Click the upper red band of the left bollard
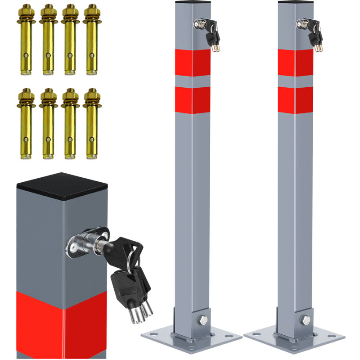pyautogui.click(x=193, y=63)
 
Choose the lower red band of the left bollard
pyautogui.click(x=193, y=99)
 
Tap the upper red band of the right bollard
pyautogui.click(x=295, y=63)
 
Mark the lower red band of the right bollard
pyautogui.click(x=295, y=99)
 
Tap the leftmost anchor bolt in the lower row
pyautogui.click(x=27, y=123)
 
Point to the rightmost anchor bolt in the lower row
pyautogui.click(x=92, y=123)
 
